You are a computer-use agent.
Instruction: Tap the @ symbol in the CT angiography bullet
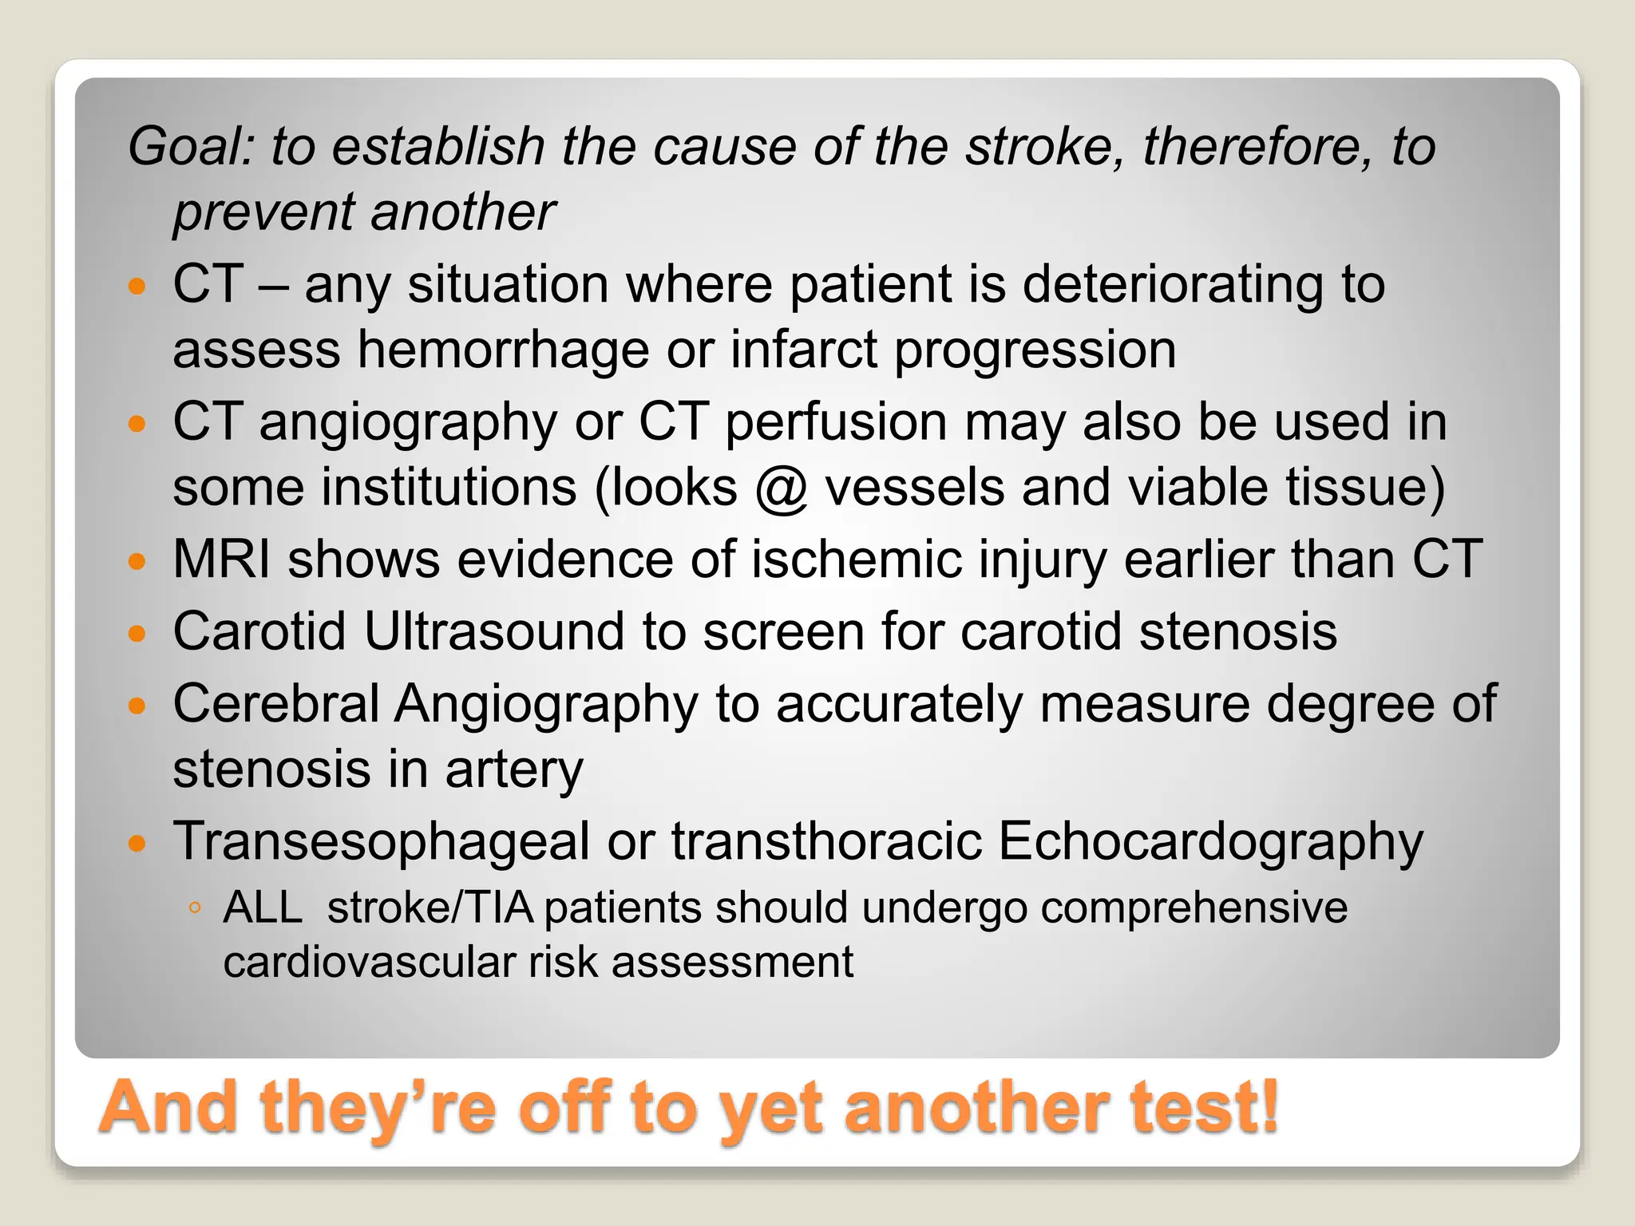pos(782,488)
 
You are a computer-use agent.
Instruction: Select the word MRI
pos(222,559)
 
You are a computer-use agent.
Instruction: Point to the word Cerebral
pos(275,704)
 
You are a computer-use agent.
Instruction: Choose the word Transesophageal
pos(381,841)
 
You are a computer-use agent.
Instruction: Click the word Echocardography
pos(1209,841)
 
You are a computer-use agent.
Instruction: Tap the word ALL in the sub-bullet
pos(263,908)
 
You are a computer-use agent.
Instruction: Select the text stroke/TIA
pos(430,908)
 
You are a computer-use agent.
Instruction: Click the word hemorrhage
pos(503,350)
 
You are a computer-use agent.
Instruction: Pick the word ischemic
pos(857,559)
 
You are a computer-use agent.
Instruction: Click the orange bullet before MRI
pos(138,561)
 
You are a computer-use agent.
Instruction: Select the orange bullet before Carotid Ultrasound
pos(138,634)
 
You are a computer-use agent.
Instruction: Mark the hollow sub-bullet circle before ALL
pos(195,908)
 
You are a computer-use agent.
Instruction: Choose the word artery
pos(514,769)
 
